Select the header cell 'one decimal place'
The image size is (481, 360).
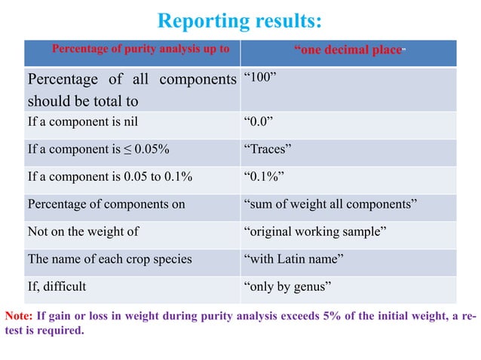[x=348, y=51]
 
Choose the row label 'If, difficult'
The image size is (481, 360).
[x=57, y=287]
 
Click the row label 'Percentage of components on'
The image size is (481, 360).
[x=106, y=204]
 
